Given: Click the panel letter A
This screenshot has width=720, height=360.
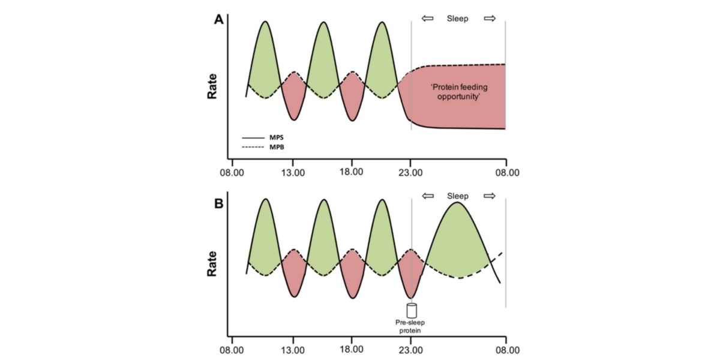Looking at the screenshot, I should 220,20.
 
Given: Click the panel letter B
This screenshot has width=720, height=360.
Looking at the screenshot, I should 220,203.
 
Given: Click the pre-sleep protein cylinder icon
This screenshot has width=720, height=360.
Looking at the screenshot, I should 412,311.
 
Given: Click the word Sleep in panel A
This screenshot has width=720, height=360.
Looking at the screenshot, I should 458,19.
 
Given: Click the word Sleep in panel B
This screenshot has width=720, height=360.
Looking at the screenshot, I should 458,196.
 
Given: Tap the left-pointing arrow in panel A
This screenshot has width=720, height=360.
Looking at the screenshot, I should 427,19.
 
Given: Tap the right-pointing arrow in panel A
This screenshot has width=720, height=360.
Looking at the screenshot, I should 490,19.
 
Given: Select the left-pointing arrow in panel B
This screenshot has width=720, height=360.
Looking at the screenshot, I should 427,196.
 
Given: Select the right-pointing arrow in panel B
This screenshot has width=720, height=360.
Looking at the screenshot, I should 490,196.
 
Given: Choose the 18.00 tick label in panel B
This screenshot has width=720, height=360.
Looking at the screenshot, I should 352,347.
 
